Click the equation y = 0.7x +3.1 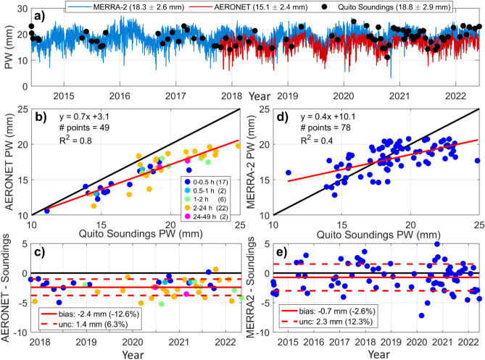pyautogui.click(x=88, y=115)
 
